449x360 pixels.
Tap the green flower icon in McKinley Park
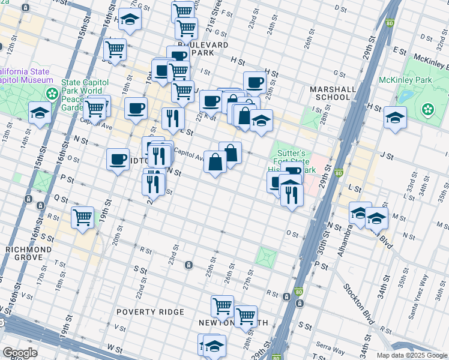[427, 109]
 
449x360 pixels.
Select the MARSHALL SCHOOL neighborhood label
[330, 93]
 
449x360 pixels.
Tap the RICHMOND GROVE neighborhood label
[24, 253]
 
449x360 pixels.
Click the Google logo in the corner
[20, 353]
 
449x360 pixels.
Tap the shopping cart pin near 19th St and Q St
[82, 217]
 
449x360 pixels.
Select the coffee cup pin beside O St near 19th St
[118, 159]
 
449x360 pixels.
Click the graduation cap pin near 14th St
[40, 113]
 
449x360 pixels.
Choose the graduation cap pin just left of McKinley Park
[395, 118]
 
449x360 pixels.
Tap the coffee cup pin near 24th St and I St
[255, 82]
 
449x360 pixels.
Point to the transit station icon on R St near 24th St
[188, 265]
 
